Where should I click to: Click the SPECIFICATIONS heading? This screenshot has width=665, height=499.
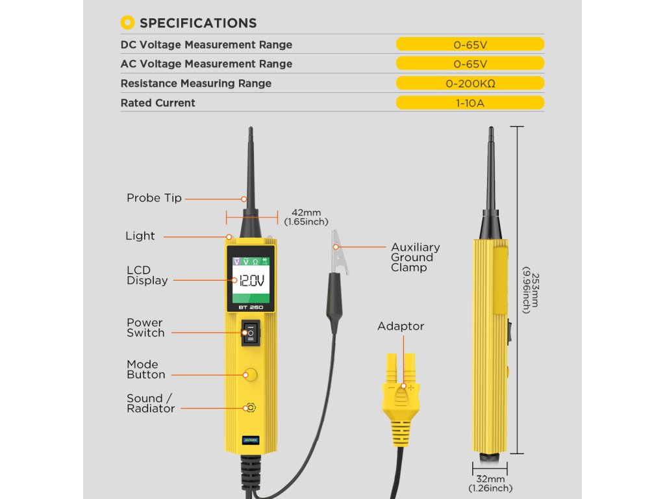(198, 23)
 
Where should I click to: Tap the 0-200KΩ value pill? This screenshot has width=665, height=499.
(470, 83)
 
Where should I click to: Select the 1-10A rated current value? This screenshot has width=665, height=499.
(470, 103)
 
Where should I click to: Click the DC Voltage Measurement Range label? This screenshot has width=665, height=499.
(207, 45)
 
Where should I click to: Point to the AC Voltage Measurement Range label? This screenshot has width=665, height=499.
(207, 64)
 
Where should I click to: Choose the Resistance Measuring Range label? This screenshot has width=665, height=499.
(196, 83)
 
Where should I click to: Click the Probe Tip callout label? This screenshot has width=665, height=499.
(154, 198)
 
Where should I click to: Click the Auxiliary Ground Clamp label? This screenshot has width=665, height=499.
(415, 257)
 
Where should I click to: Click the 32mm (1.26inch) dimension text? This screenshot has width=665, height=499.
(490, 483)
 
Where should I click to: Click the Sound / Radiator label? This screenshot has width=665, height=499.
(151, 403)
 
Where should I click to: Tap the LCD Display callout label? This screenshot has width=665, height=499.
(147, 275)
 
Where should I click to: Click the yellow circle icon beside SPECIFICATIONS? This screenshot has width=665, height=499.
(128, 23)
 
